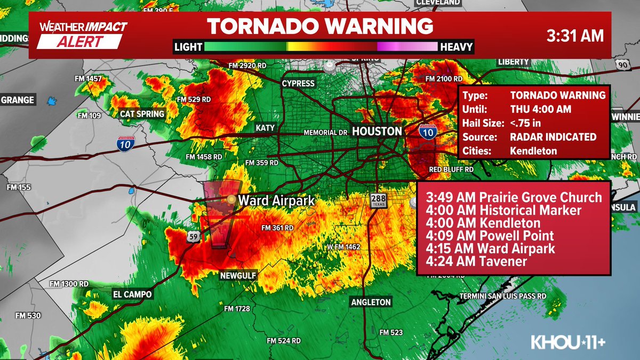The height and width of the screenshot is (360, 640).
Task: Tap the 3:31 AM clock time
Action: tap(575, 36)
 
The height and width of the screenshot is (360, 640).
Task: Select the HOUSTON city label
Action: tap(377, 131)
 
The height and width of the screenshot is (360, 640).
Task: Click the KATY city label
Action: tap(265, 128)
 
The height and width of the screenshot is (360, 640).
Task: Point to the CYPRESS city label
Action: tap(298, 84)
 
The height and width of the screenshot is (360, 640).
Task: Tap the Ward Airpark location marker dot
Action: tap(231, 199)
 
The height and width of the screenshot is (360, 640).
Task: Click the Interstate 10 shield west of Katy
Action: tap(126, 142)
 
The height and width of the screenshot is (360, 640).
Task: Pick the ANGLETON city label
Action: tap(371, 302)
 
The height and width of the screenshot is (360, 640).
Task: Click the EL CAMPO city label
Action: tap(132, 294)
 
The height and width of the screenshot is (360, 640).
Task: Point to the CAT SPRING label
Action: tap(142, 114)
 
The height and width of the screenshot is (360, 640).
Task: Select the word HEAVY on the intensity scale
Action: tap(456, 47)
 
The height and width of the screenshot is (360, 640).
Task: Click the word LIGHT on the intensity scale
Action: tap(188, 47)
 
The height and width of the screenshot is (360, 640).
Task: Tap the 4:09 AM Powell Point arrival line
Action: tap(490, 236)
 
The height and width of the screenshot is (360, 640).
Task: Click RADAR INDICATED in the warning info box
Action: tap(553, 137)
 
